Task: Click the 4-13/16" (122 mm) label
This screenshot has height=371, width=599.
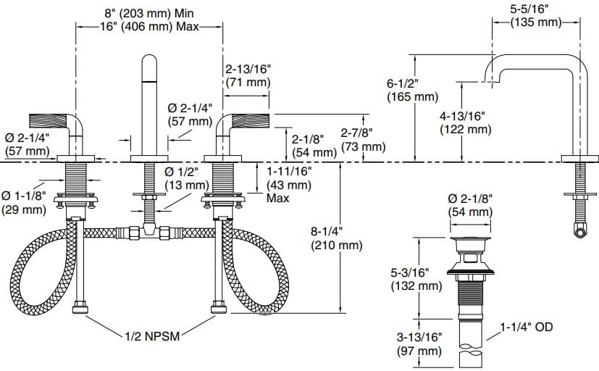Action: coord(465,122)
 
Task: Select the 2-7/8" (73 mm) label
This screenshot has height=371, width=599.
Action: coord(362,140)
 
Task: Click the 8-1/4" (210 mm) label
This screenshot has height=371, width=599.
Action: coord(336,238)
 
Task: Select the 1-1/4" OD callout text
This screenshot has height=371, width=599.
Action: coord(526,327)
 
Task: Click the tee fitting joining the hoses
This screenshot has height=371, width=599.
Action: coord(150,232)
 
